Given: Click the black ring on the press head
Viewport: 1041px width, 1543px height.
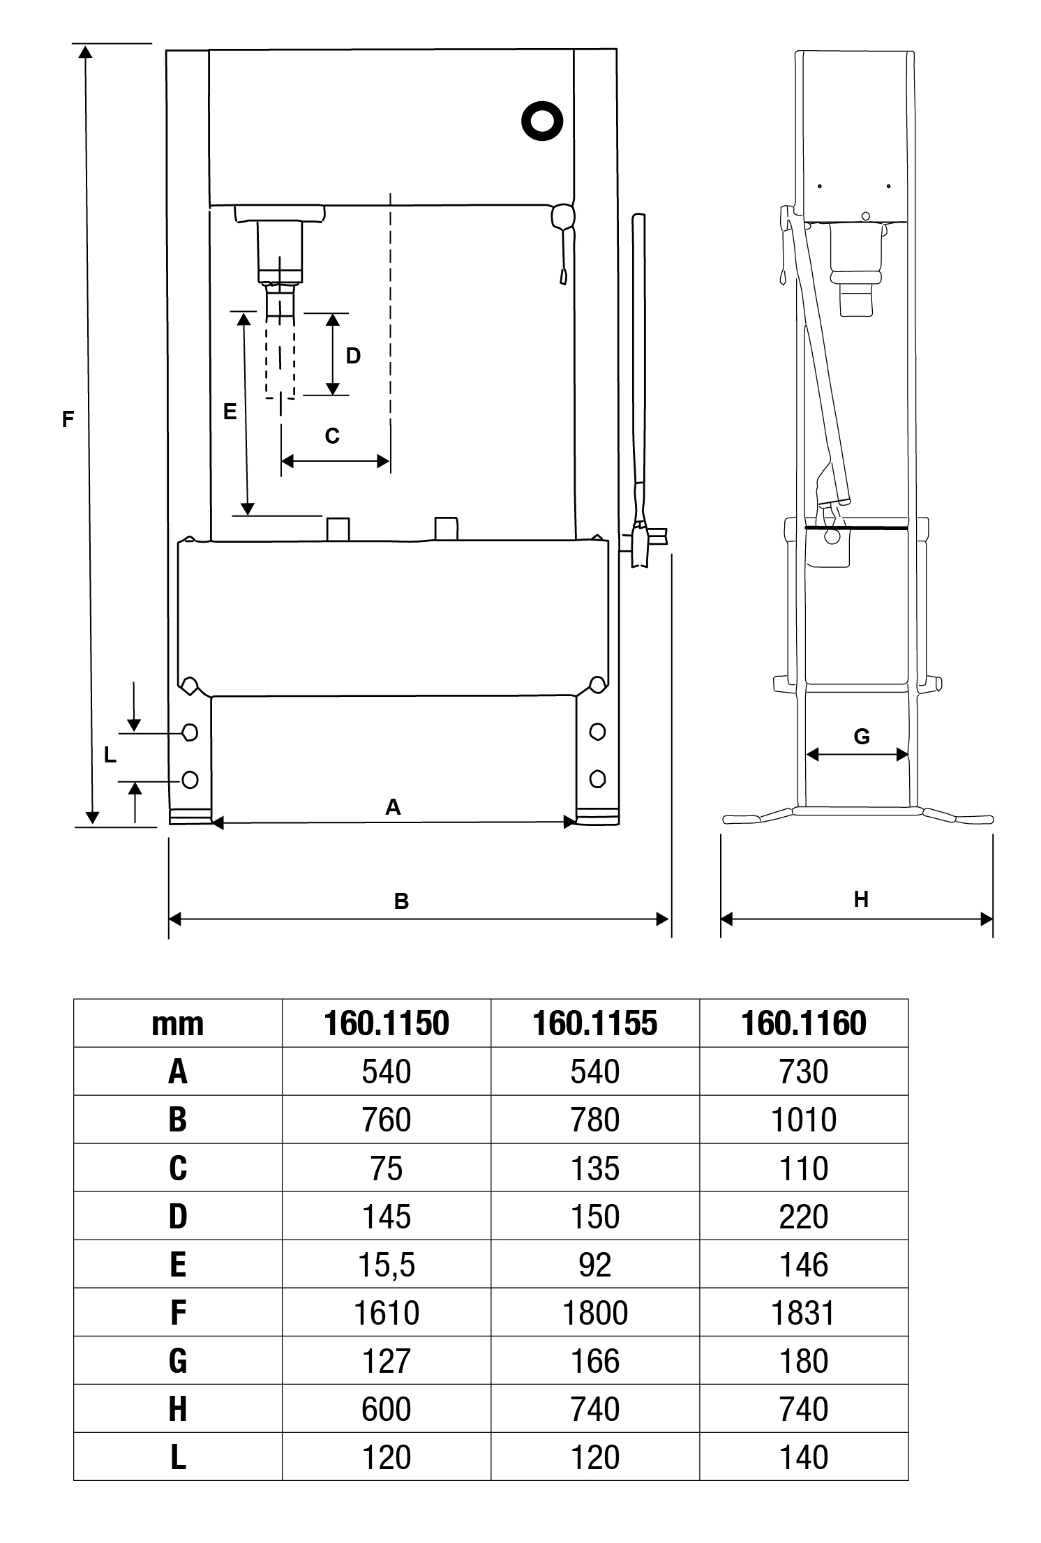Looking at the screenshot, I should point(542,121).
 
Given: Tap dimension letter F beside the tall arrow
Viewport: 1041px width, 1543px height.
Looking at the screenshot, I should point(68,419).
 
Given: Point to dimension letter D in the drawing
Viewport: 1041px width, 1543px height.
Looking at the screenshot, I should point(353,356).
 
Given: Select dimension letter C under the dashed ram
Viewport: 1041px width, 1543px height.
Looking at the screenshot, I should point(332,436).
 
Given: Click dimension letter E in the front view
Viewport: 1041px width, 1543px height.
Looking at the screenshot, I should point(230,412).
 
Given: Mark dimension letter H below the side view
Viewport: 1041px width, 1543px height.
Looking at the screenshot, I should point(861,900).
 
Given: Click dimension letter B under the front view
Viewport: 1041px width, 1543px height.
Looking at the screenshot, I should point(400,901).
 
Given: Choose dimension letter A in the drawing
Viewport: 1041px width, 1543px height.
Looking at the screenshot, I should point(393,807).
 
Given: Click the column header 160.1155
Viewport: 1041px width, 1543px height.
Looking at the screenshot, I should point(594,1023).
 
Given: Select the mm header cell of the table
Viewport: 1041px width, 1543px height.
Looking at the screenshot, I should point(178,1024).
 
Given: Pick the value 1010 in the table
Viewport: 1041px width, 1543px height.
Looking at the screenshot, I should point(804,1120).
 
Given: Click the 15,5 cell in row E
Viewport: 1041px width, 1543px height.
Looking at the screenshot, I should point(386,1265).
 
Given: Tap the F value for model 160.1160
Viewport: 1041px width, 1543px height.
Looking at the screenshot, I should point(804,1313).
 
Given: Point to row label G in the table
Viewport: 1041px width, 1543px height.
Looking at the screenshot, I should point(178,1361).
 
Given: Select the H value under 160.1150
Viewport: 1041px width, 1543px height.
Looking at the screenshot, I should point(386,1409).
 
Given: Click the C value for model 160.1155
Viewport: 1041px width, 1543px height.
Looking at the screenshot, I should point(594,1168).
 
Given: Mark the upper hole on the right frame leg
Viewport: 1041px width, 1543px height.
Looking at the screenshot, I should point(597,732).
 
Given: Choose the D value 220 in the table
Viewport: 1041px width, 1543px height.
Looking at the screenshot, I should point(804,1217).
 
